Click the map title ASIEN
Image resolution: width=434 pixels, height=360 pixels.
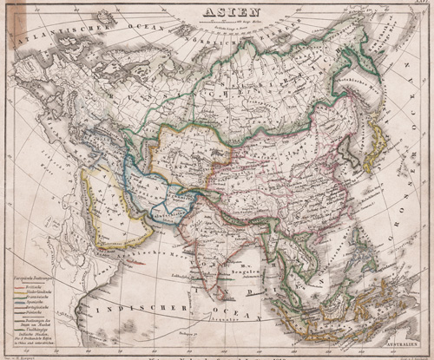pyautogui.click(x=218, y=12)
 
